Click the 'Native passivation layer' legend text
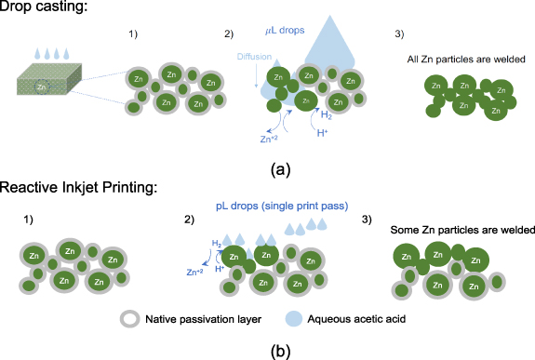[203, 319]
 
